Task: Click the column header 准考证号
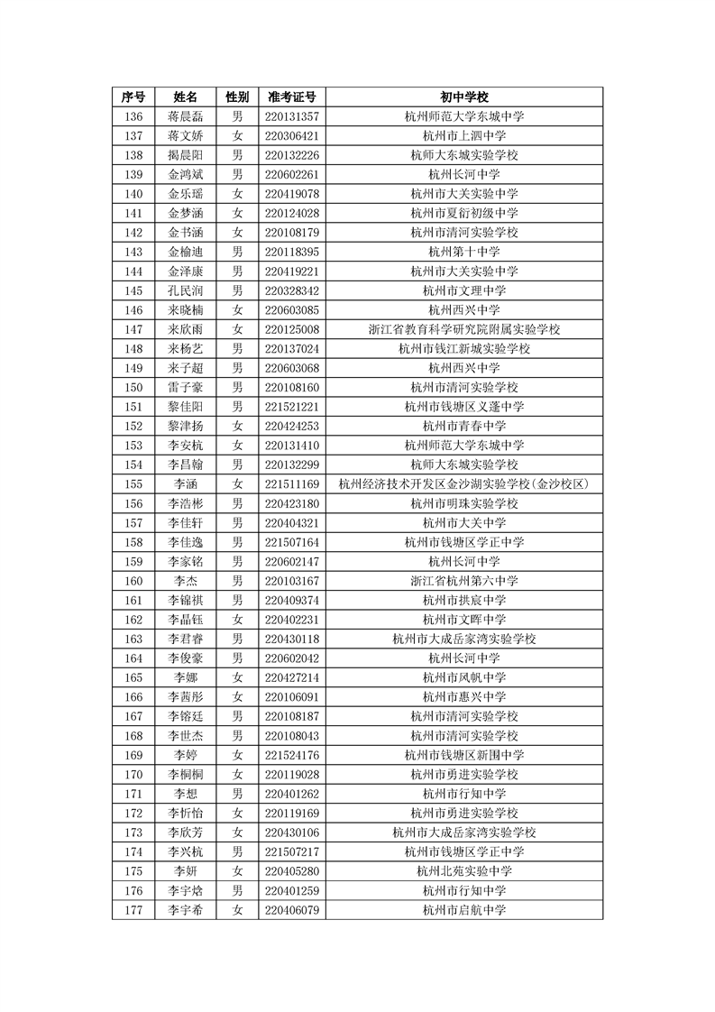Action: tap(292, 97)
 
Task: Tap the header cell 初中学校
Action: tap(464, 97)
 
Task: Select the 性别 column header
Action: tap(237, 97)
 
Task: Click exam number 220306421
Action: tap(292, 135)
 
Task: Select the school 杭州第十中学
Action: tap(464, 252)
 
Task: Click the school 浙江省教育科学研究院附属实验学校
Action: tap(464, 329)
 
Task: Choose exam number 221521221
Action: tap(292, 407)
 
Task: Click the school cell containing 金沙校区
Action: tap(464, 484)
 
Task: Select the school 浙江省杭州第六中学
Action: tap(464, 581)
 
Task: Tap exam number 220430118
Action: tap(292, 639)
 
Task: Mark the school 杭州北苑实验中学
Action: tap(464, 871)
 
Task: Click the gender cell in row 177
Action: tap(237, 910)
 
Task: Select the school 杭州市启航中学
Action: tap(464, 910)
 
